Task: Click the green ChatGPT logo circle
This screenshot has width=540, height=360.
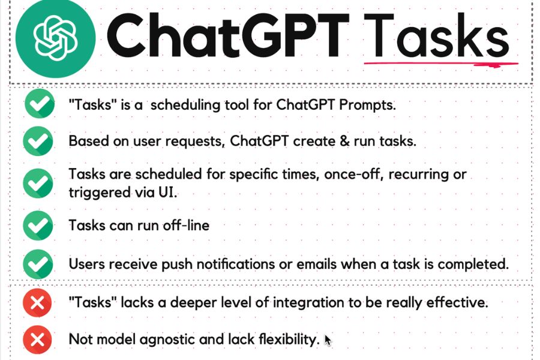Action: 55,37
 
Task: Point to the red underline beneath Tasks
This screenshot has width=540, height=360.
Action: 441,64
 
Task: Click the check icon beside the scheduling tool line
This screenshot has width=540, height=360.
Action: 40,103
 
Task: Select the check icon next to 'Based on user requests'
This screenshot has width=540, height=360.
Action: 38,141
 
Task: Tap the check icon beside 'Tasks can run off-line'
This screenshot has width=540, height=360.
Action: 38,226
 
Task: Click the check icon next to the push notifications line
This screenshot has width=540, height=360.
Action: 38,264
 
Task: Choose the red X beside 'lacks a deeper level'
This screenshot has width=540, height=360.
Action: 37,303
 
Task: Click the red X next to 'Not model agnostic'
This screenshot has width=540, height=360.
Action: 37,340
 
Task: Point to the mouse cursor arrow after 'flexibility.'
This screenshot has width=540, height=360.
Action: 328,340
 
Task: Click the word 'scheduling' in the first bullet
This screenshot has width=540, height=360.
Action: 185,105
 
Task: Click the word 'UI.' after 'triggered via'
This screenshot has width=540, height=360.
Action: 168,192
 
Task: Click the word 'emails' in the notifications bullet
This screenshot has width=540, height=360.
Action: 316,264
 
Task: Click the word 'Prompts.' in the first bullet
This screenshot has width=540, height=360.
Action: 367,105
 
